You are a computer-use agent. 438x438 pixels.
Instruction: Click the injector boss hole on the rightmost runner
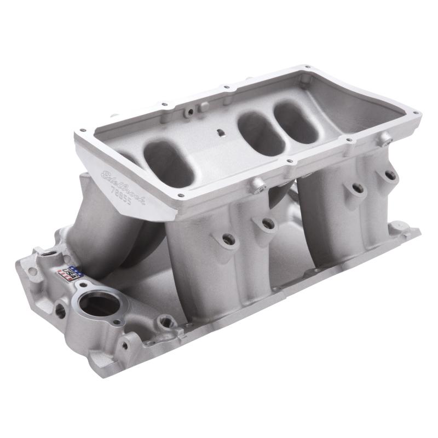pyautogui.click(x=389, y=176)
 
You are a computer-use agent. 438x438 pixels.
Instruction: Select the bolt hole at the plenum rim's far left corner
pyautogui.click(x=82, y=130)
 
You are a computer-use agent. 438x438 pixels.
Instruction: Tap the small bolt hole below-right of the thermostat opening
pyautogui.click(x=125, y=345)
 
